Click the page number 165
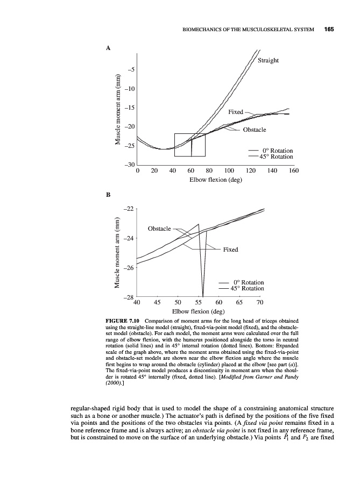coord(329,29)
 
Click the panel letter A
coord(108,48)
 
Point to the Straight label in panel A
coord(268,60)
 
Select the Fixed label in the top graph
coord(236,112)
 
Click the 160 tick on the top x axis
coord(294,171)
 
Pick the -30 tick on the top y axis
coord(130,165)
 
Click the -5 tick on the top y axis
coord(131,70)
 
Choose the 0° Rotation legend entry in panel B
coord(248,282)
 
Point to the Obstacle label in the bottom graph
coord(159,229)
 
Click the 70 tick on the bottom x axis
coord(260,302)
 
